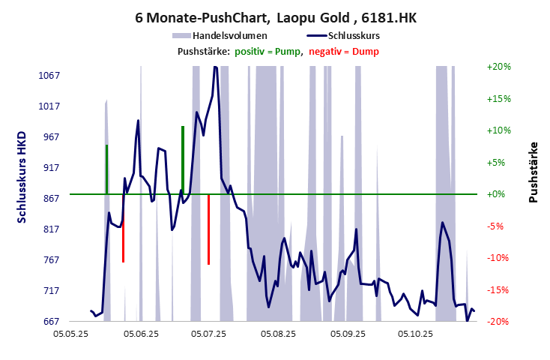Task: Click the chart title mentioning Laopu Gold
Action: click(275, 16)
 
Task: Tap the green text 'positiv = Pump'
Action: click(268, 51)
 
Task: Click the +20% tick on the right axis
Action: click(498, 67)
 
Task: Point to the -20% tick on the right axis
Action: click(498, 322)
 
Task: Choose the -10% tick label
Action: click(498, 258)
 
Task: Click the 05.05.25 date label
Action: click(76, 334)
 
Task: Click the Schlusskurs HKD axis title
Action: click(22, 176)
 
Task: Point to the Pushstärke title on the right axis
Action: click(534, 172)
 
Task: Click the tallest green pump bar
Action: click(182, 159)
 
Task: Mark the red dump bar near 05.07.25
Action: click(208, 229)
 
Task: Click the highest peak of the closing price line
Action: click(215, 67)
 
